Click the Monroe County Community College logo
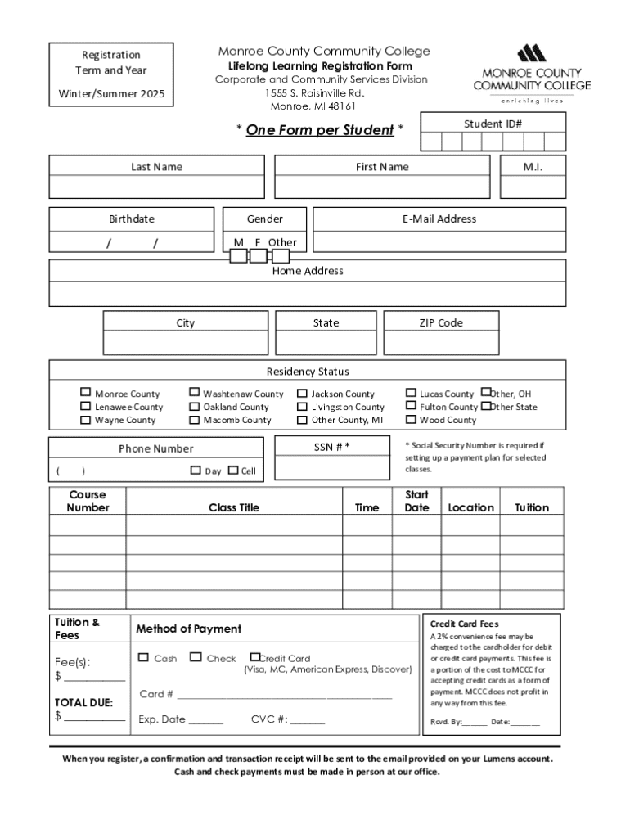pos(531,74)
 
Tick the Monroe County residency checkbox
pos(86,394)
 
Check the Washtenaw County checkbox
pos(195,394)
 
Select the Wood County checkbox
pos(411,420)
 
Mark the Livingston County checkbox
pos(302,407)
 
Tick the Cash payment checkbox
pos(144,657)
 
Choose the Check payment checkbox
pos(196,657)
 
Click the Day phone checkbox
pos(196,471)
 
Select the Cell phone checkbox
pos(232,471)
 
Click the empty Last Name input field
pos(156,187)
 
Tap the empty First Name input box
pos(382,187)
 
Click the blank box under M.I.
pos(533,187)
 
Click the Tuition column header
pos(532,508)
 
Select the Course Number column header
pos(88,501)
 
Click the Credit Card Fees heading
pos(464,624)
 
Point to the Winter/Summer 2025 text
pos(111,94)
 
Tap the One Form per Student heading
pos(320,130)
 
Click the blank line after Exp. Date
pos(206,721)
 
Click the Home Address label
pos(308,271)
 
